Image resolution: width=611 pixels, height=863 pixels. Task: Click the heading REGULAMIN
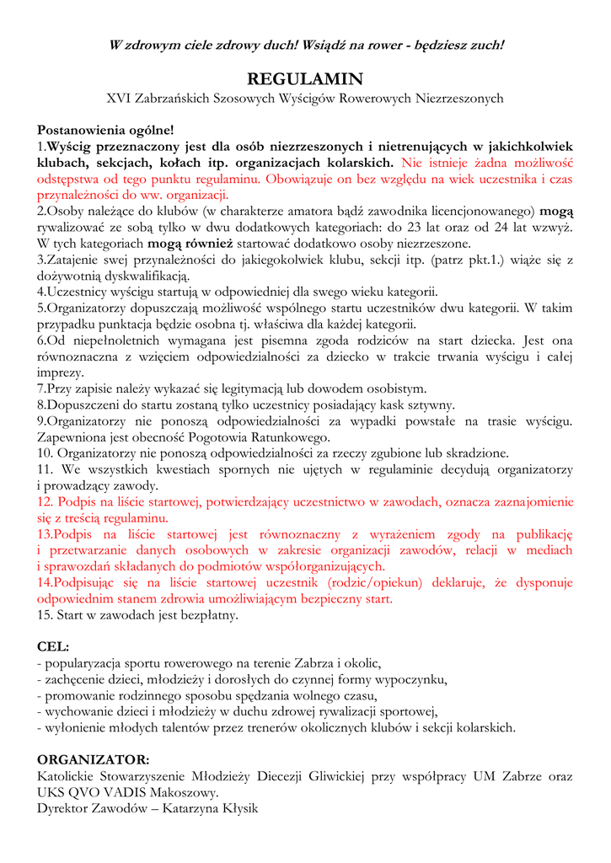(304, 79)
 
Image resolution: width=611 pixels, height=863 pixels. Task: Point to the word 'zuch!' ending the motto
(485, 45)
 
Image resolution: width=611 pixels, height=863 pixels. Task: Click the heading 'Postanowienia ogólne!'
(105, 131)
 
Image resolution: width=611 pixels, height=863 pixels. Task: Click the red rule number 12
(45, 501)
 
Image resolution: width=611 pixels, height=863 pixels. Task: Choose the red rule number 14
(45, 582)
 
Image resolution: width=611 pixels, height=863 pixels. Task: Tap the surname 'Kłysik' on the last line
(238, 807)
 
